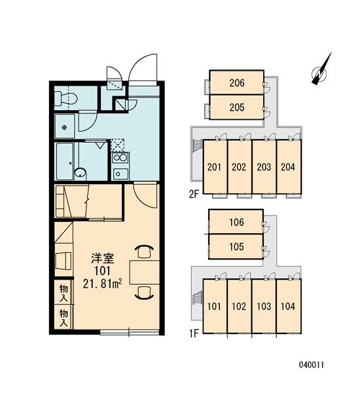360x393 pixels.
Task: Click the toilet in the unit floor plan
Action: click(65, 98)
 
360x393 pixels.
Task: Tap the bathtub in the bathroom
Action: click(65, 161)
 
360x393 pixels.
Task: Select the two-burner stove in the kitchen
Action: click(120, 158)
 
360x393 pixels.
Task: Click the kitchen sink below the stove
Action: click(120, 174)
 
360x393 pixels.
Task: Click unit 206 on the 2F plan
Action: click(236, 83)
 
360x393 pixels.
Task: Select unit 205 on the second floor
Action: click(236, 107)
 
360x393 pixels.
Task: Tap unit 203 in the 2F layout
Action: click(264, 166)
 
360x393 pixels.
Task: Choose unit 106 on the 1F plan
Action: click(236, 222)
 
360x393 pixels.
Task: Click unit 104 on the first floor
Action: click(289, 306)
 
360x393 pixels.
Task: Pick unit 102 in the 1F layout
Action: click(240, 306)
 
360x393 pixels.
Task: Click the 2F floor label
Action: click(194, 194)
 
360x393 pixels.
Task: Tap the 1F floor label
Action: click(194, 333)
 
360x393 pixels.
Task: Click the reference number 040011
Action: click(312, 365)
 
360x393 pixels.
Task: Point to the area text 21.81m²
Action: click(103, 284)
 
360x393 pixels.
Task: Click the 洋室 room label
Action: click(103, 259)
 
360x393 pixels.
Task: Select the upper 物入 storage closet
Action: click(64, 292)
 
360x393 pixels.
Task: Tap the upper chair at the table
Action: click(144, 252)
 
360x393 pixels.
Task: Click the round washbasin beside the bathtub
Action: click(80, 173)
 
